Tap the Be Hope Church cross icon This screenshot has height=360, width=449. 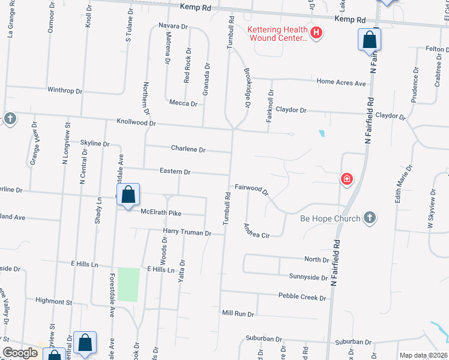coord(370,218)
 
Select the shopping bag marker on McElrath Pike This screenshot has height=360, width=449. coord(128,196)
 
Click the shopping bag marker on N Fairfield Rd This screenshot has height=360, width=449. coord(370,41)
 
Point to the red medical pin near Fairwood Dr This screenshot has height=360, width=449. coord(346,178)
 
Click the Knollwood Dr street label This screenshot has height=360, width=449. coord(136,122)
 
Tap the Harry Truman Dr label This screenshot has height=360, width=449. coord(187,232)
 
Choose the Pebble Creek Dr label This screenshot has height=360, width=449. coord(303,296)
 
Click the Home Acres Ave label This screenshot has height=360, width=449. coord(341,83)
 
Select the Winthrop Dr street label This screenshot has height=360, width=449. coord(64,91)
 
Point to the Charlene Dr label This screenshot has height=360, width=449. coord(188,149)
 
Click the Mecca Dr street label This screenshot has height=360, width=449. coord(183,103)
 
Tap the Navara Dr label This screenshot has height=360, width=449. coord(173,26)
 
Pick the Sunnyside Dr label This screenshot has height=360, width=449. coord(308,277)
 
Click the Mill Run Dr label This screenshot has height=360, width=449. coord(238,314)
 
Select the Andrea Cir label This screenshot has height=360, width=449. coord(256,231)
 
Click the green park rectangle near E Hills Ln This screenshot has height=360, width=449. coord(128,285)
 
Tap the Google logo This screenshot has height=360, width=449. coord(20,353)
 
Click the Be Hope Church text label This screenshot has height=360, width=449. coord(331,218)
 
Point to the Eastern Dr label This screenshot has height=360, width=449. coord(175,172)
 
